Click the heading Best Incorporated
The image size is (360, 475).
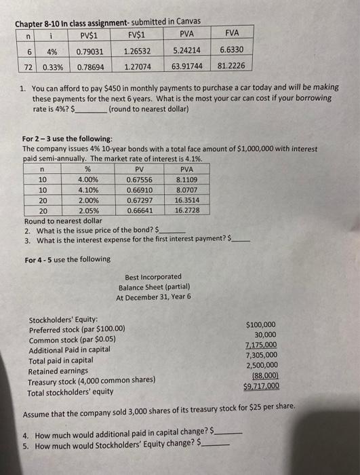click(153, 277)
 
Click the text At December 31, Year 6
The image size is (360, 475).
click(153, 297)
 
